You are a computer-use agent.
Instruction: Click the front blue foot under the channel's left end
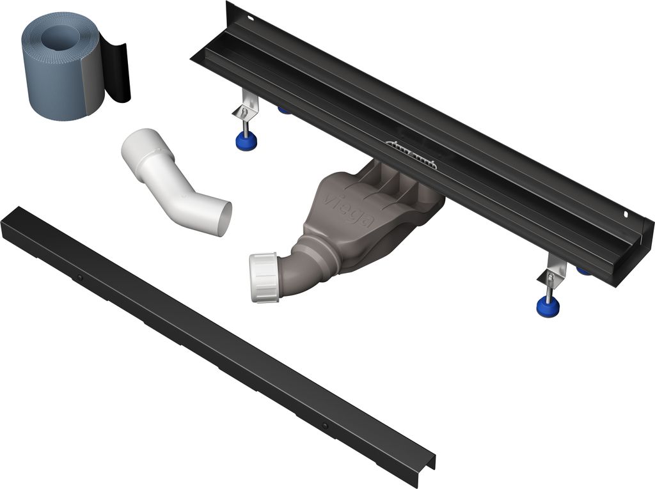point(246,141)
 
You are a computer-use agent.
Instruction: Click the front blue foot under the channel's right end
point(548,306)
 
